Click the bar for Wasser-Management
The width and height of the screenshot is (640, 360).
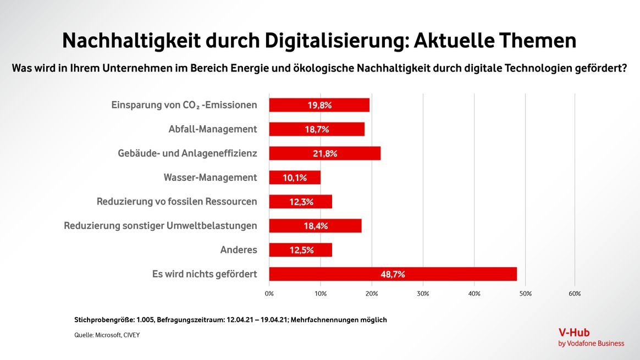tap(295, 178)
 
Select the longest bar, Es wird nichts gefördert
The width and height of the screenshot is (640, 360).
tap(393, 274)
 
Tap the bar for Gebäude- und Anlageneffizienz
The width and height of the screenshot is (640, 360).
tap(324, 153)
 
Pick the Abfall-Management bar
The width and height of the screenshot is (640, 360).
tap(317, 129)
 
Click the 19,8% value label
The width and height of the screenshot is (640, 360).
tap(319, 105)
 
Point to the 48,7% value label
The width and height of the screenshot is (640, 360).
tap(393, 274)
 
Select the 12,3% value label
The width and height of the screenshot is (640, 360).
tap(301, 202)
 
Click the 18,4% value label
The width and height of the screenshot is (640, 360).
tap(316, 226)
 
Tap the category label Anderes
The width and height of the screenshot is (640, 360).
tap(239, 250)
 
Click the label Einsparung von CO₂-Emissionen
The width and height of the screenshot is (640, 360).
tap(184, 105)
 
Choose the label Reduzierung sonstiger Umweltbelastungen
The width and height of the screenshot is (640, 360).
tap(161, 225)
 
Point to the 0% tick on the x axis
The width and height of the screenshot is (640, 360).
tap(269, 293)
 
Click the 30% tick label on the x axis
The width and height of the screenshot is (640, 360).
tap(423, 293)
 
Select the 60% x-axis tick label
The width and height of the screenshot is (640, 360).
tap(575, 293)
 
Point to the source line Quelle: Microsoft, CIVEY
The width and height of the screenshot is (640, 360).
tap(107, 335)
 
